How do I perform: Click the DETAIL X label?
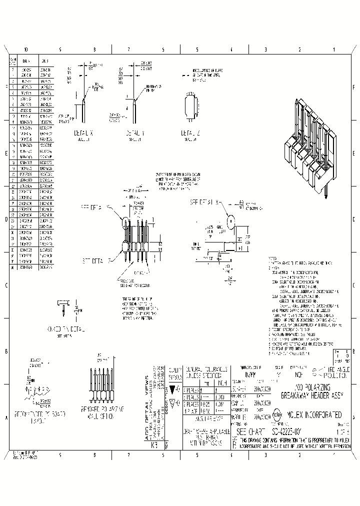coord(83,134)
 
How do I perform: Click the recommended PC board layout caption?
coord(34,417)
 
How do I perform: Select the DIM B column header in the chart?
coord(44,60)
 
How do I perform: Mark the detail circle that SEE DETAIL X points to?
coord(231,220)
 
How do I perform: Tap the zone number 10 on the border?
coord(26,50)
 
